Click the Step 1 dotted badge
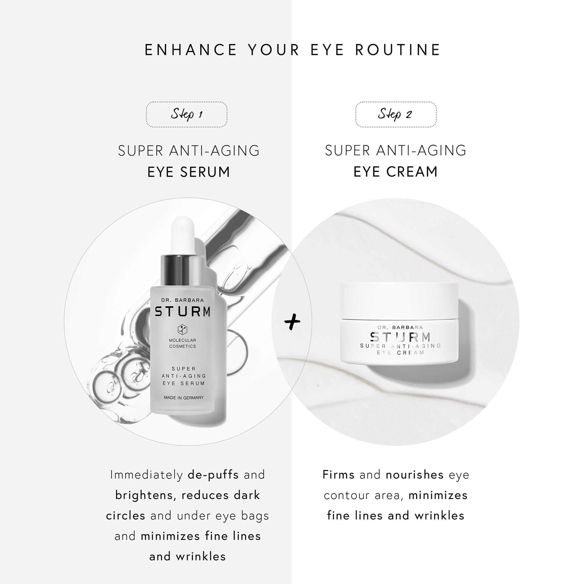[x=187, y=114]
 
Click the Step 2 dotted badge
[x=396, y=114]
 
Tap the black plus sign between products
[x=292, y=321]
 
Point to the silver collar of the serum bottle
[x=182, y=270]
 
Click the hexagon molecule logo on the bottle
[x=182, y=329]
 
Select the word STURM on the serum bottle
[x=182, y=312]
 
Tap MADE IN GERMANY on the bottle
[x=183, y=397]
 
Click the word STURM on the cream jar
[x=401, y=337]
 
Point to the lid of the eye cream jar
[x=399, y=300]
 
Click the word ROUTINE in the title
[x=397, y=50]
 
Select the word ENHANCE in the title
[x=191, y=50]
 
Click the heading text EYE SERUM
[x=189, y=172]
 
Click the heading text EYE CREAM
[x=395, y=172]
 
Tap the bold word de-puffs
[x=213, y=475]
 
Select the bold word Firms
[x=338, y=474]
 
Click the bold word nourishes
[x=414, y=474]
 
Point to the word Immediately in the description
[x=146, y=475]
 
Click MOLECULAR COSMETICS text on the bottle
[x=182, y=343]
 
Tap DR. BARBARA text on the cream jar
[x=400, y=327]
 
